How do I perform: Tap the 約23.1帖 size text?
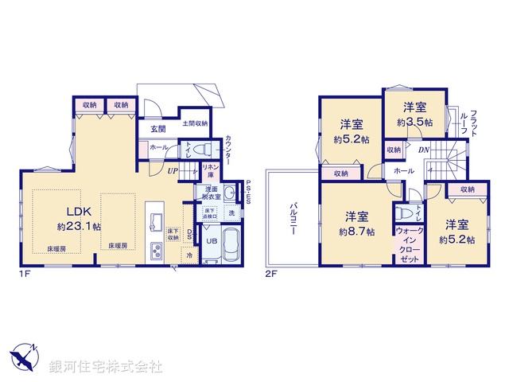tap(79, 226)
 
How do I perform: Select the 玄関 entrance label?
tap(156, 129)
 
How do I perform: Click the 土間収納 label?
tap(195, 123)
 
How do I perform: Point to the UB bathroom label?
tap(212, 241)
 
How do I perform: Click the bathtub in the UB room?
tap(231, 244)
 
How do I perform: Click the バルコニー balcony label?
tap(293, 216)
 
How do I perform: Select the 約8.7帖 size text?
tap(356, 224)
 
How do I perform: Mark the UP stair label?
tap(172, 170)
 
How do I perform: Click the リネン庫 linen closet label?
tap(210, 170)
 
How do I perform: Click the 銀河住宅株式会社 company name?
tap(107, 367)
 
